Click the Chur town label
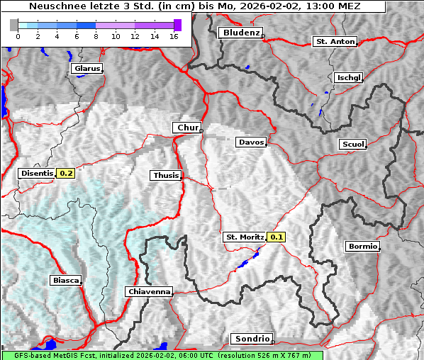point(187,128)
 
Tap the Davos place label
point(251,142)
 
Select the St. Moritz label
point(244,237)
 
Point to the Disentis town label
point(37,173)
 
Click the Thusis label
point(166,175)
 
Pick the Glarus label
point(87,69)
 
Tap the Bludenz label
point(240,33)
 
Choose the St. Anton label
point(334,42)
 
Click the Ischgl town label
point(348,77)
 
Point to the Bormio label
point(362,247)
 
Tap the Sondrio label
point(251,339)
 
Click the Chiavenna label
point(149,291)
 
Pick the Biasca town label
point(65,281)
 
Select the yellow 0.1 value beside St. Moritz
point(277,237)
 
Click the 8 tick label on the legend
point(96,36)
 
